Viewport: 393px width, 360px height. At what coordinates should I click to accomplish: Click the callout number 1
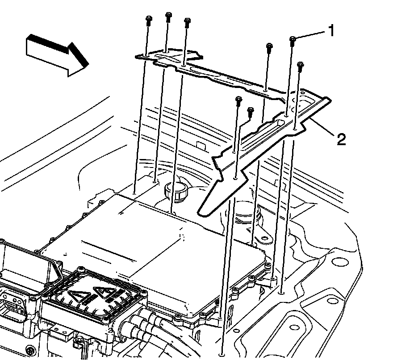pos(331,30)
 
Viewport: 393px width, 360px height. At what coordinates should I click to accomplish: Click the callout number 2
pos(341,139)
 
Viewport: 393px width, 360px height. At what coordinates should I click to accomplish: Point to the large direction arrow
pos(57,55)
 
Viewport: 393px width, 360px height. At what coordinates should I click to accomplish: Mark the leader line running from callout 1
pos(311,34)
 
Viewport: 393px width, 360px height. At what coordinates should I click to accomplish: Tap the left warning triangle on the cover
pos(77,296)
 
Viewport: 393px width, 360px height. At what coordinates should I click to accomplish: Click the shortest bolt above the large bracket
pos(251,112)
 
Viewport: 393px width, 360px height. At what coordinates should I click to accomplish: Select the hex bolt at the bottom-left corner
pos(30,350)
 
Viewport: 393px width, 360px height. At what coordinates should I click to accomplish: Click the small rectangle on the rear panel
pos(201,146)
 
